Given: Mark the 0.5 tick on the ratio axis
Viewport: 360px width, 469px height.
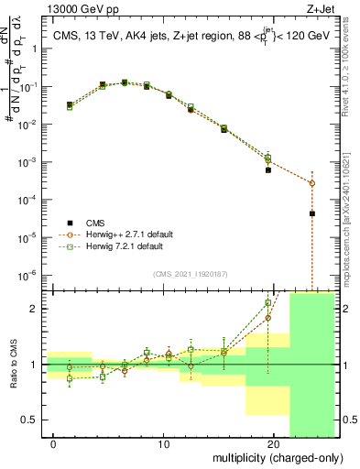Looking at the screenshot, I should click(29, 420).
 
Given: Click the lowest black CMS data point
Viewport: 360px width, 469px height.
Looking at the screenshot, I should click(312, 213).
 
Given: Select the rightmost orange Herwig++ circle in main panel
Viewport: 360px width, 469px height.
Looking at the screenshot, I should click(312, 183).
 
